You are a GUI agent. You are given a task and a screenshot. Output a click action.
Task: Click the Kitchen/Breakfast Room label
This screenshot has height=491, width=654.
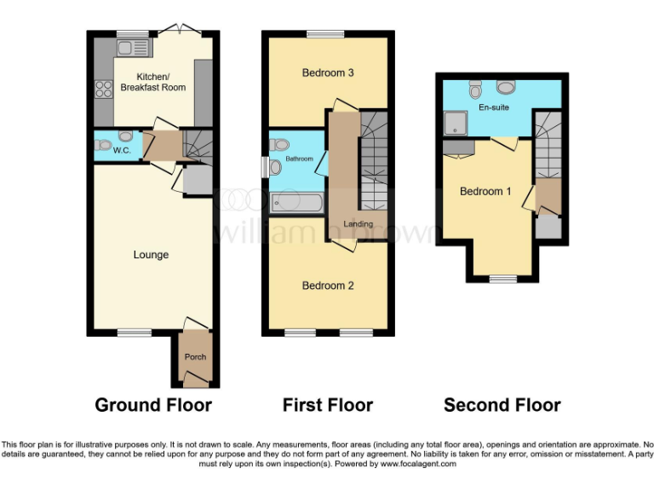(153, 81)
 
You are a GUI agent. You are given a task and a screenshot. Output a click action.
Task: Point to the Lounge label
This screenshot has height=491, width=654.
(151, 254)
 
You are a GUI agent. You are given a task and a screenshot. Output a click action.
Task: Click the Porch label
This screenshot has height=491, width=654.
(195, 356)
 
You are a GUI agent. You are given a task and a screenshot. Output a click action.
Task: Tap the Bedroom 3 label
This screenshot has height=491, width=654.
(328, 72)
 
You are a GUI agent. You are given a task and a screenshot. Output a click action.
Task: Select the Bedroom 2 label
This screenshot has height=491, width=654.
(328, 286)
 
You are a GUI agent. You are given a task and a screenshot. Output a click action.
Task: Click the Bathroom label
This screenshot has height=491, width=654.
(300, 159)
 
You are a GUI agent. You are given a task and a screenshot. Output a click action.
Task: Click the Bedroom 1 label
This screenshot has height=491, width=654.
(485, 191)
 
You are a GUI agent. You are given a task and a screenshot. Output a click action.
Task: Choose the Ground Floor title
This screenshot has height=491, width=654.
(153, 405)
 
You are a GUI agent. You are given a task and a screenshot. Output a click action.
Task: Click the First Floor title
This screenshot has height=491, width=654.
(328, 405)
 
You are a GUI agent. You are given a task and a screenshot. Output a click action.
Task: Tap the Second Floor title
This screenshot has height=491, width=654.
(502, 405)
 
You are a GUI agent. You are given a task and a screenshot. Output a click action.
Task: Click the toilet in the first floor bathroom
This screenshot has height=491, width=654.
(276, 168)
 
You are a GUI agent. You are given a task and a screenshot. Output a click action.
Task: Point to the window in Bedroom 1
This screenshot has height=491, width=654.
(502, 279)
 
